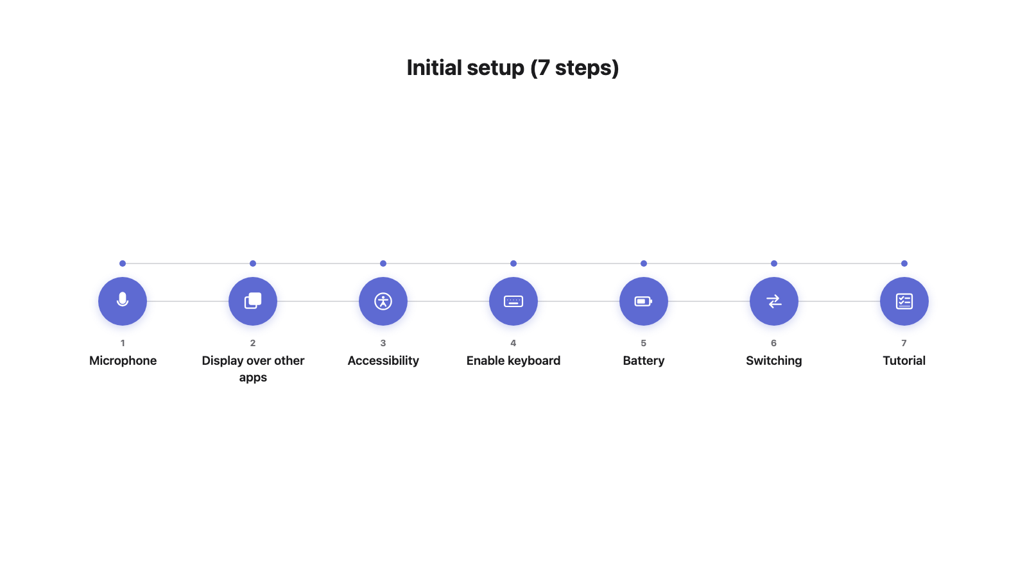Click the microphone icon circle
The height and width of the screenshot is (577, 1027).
123,301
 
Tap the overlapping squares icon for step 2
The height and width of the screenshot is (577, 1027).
253,301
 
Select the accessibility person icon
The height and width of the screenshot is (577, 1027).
383,301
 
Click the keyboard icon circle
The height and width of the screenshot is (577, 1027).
513,301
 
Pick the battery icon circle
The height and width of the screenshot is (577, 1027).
643,301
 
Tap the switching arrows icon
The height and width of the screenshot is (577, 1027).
774,301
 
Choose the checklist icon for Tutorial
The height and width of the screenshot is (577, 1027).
904,301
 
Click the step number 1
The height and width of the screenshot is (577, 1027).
123,343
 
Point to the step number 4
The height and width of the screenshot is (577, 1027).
513,343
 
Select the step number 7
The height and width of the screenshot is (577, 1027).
904,343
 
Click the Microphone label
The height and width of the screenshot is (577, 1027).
123,361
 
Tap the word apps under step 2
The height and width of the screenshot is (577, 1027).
253,378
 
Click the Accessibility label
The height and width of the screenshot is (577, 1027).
383,362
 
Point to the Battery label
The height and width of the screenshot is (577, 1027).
644,362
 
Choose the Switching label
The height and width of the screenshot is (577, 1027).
774,362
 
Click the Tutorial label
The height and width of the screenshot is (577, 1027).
904,361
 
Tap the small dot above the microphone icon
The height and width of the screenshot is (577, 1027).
123,263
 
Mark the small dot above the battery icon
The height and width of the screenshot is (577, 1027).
644,263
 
